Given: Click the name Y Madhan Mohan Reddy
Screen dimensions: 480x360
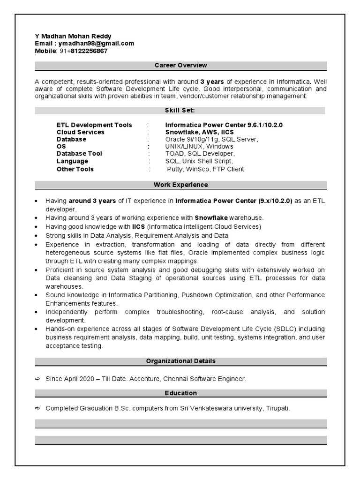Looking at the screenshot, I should point(73,36).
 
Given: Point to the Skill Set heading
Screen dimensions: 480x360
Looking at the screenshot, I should point(180,110).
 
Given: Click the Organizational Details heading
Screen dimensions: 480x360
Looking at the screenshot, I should point(180,361).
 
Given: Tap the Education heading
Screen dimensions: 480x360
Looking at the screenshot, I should point(180,393).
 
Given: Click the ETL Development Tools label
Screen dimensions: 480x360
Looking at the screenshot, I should point(94,125).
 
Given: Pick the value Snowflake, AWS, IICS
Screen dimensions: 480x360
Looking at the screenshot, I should point(199,132).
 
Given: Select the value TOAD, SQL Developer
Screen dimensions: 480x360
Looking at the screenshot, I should point(200,154).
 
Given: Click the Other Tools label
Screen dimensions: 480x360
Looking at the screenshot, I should point(75,169).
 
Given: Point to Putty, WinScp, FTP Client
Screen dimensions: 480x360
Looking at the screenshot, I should point(205,169).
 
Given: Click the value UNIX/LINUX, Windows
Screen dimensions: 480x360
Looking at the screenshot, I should point(199,147).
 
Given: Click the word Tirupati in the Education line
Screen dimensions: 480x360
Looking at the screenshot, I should point(277,408).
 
